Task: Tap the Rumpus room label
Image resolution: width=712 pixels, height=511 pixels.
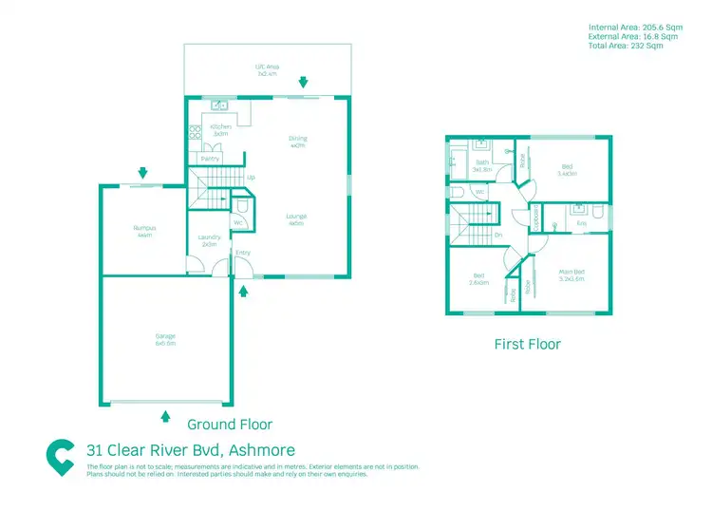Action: pyautogui.click(x=143, y=230)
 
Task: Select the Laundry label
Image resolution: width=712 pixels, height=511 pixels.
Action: pyautogui.click(x=209, y=239)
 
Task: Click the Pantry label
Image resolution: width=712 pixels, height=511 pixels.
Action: pyautogui.click(x=210, y=159)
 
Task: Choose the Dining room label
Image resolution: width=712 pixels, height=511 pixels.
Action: pyautogui.click(x=297, y=142)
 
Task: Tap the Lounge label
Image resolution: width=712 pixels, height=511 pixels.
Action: pyautogui.click(x=297, y=218)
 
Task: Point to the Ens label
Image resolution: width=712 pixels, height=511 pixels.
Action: pyautogui.click(x=581, y=223)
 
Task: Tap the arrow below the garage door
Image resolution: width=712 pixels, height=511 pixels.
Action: pyautogui.click(x=166, y=415)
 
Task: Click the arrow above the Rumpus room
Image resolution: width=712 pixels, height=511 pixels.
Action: pyautogui.click(x=142, y=173)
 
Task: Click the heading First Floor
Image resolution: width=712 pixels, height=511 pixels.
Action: pyautogui.click(x=527, y=344)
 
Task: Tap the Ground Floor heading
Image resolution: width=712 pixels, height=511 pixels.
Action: pyautogui.click(x=229, y=424)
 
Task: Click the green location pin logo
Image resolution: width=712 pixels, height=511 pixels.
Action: pyautogui.click(x=62, y=458)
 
